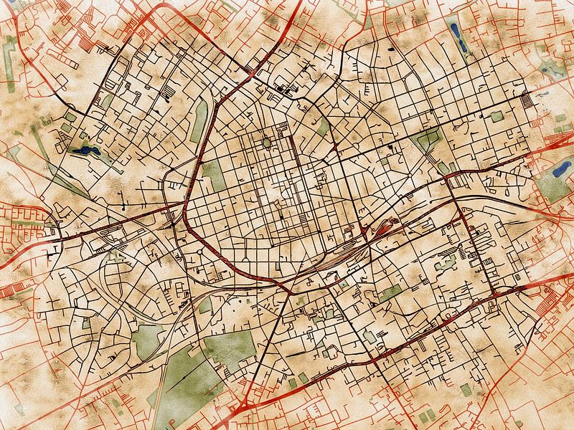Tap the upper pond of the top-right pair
(x=455, y=31)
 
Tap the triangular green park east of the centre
(x=428, y=138)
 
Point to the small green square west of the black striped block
(x=497, y=116)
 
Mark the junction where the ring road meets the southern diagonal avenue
(x=288, y=291)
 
